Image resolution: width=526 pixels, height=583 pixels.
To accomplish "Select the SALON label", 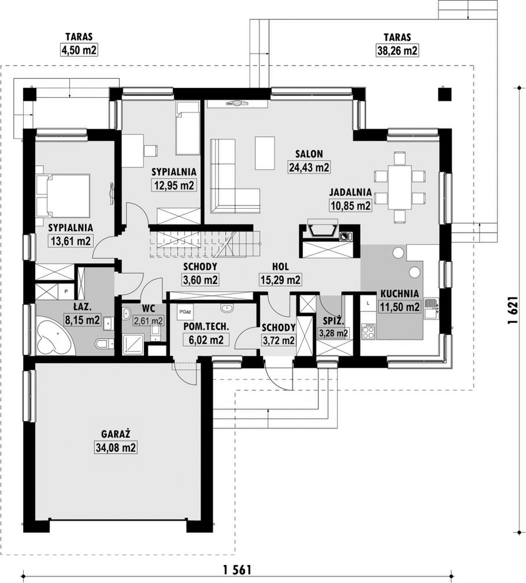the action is [x=309, y=154].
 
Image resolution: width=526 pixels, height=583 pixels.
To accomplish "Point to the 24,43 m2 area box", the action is [x=309, y=167].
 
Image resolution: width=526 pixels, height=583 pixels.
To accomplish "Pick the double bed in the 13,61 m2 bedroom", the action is [x=63, y=195].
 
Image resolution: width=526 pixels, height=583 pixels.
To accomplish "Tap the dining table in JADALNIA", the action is [x=399, y=187].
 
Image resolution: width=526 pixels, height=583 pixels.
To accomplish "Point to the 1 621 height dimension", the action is [x=512, y=311].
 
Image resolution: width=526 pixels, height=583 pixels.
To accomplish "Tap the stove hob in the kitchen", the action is [x=369, y=331].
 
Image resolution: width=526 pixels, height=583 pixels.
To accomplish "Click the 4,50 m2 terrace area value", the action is [x=79, y=50].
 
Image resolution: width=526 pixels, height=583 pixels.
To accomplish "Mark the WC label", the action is [x=149, y=308].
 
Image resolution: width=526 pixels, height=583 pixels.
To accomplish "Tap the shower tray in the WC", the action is [x=134, y=344].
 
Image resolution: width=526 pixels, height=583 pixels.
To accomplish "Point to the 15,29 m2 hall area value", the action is [x=280, y=279].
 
